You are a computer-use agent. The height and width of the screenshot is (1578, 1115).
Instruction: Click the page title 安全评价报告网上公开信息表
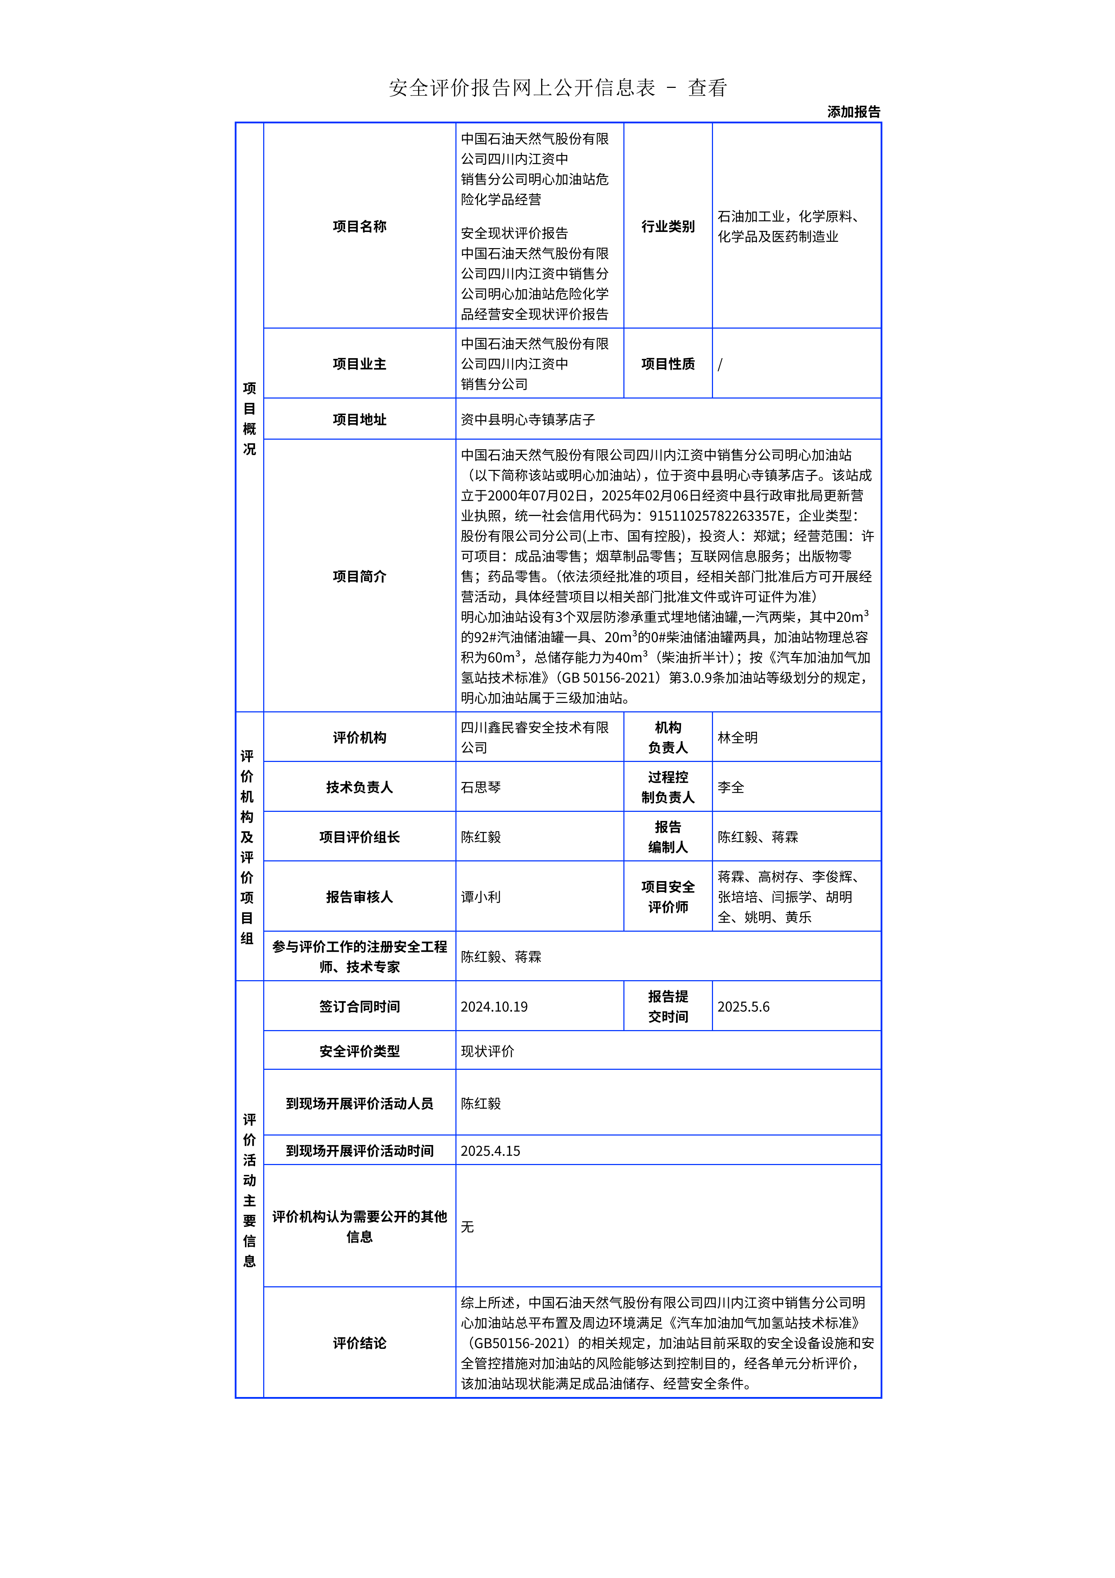click(x=522, y=88)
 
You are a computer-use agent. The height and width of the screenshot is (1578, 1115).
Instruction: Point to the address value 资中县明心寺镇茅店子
click(x=527, y=419)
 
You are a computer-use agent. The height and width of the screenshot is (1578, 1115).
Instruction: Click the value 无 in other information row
click(x=467, y=1227)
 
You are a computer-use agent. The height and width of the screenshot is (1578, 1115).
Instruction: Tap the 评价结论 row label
click(x=359, y=1343)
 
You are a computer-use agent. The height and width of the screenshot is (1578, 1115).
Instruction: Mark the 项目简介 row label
click(x=359, y=576)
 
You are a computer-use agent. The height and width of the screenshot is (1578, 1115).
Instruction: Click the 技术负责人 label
click(x=359, y=787)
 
